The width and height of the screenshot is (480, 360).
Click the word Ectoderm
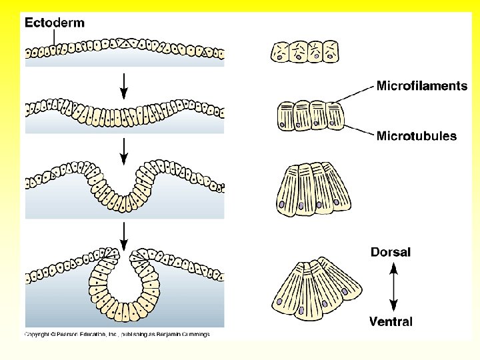(55, 23)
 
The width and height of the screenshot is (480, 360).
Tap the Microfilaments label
(422, 86)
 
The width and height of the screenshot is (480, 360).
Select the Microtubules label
(417, 136)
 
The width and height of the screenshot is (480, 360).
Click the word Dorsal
(391, 252)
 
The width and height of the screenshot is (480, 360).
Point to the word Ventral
(391, 321)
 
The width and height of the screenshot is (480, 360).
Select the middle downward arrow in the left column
(123, 149)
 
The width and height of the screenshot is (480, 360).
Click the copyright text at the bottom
(117, 335)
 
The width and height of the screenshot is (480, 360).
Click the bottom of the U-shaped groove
(124, 204)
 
